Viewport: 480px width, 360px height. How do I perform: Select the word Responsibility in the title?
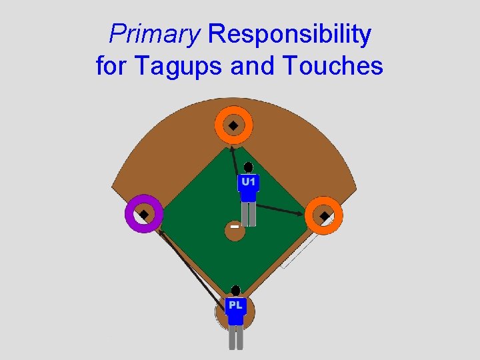[x=290, y=35]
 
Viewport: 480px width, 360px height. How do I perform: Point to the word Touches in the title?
[x=333, y=66]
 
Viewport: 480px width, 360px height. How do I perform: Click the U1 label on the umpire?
[x=248, y=181]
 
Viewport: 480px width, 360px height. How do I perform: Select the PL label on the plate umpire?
[x=235, y=305]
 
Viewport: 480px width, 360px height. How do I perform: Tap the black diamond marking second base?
[x=233, y=125]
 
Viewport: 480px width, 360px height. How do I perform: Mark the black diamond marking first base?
[x=324, y=216]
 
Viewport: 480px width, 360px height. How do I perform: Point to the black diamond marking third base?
[x=143, y=215]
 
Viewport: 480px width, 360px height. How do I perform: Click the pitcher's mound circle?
[x=235, y=229]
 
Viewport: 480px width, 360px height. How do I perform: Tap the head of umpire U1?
[x=248, y=167]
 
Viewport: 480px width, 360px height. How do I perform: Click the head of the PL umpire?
[x=235, y=291]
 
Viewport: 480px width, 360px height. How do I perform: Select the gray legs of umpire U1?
[x=249, y=214]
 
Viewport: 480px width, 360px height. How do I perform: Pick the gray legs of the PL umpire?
[x=235, y=337]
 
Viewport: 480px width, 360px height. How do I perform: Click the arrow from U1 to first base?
[x=280, y=210]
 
